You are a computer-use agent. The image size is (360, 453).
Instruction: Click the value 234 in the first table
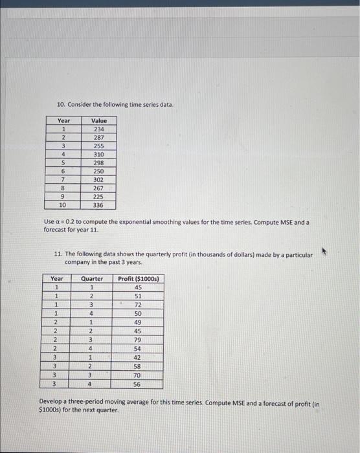(x=99, y=129)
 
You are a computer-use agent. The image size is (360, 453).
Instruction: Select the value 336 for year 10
(x=99, y=205)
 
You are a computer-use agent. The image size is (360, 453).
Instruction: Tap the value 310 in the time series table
(x=99, y=155)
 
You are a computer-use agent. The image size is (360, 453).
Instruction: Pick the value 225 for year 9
(x=99, y=197)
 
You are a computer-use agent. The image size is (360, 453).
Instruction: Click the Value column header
(x=99, y=121)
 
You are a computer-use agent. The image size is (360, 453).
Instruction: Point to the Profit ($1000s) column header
(x=139, y=279)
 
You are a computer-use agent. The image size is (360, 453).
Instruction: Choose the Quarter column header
(x=92, y=279)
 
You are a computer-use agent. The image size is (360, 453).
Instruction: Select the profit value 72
(x=138, y=305)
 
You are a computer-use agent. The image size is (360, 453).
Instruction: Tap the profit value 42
(x=138, y=357)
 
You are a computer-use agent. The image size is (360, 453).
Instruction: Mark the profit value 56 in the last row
(x=138, y=383)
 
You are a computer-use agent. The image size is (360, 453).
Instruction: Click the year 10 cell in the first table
(x=63, y=205)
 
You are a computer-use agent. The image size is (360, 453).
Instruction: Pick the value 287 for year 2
(x=99, y=138)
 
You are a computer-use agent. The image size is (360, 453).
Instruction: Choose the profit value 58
(x=138, y=366)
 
